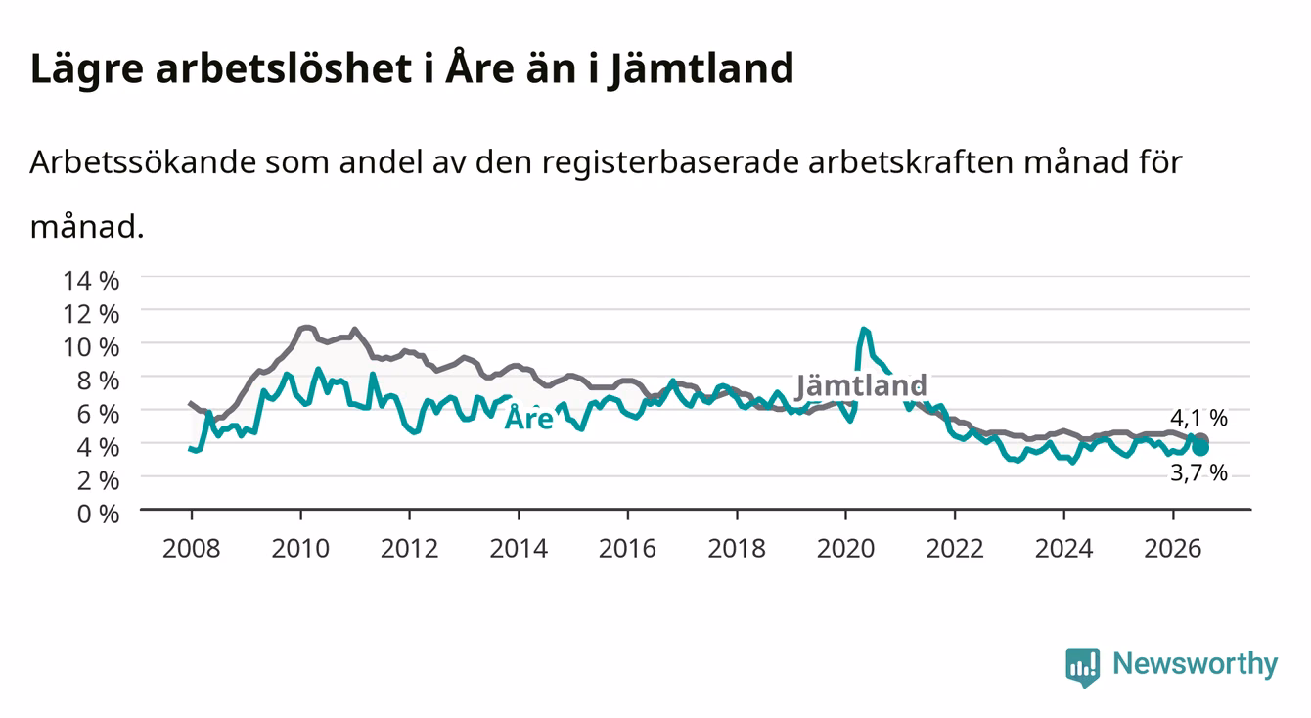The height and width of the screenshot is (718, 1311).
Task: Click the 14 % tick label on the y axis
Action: coord(91,281)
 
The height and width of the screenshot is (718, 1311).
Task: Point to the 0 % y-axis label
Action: coord(98,515)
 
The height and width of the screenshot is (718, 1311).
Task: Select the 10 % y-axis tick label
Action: coord(91,347)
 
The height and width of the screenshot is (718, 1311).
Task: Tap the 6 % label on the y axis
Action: coord(98,415)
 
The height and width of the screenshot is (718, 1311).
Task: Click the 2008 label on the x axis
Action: coord(192,549)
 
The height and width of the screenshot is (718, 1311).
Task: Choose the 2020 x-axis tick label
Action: coord(845,549)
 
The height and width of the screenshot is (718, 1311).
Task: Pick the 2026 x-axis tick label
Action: coord(1173,549)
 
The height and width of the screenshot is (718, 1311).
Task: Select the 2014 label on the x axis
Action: coord(519,549)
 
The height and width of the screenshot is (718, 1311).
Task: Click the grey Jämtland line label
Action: coord(860,386)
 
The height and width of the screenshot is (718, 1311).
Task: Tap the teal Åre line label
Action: coord(528,418)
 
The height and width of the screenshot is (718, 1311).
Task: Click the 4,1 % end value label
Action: coord(1198,418)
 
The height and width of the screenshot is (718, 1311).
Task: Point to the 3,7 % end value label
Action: coord(1198,472)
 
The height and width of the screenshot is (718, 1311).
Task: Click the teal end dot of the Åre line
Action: coord(1200,448)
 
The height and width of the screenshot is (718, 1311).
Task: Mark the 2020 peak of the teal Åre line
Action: coord(864,329)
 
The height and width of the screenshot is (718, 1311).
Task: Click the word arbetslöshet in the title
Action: coord(284,68)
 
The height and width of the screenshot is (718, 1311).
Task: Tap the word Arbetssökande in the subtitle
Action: coord(143,162)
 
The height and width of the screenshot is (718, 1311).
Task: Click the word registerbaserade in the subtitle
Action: coord(670,163)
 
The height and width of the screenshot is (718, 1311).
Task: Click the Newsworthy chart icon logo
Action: coord(1083,667)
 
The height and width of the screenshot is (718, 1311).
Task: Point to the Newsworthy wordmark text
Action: coord(1196,665)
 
